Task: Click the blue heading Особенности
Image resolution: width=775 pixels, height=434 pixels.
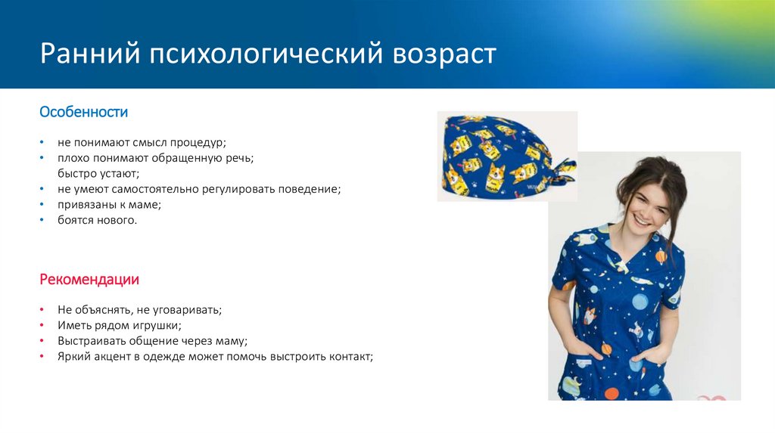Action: [83, 113]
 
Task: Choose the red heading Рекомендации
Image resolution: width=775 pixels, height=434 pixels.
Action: [89, 280]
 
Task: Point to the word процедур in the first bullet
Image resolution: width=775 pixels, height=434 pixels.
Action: [201, 142]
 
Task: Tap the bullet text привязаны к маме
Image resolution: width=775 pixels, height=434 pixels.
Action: [109, 204]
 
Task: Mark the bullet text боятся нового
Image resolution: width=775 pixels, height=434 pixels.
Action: [97, 220]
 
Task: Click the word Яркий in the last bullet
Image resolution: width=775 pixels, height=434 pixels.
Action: [73, 356]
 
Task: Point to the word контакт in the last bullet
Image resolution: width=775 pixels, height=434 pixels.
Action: [351, 356]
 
